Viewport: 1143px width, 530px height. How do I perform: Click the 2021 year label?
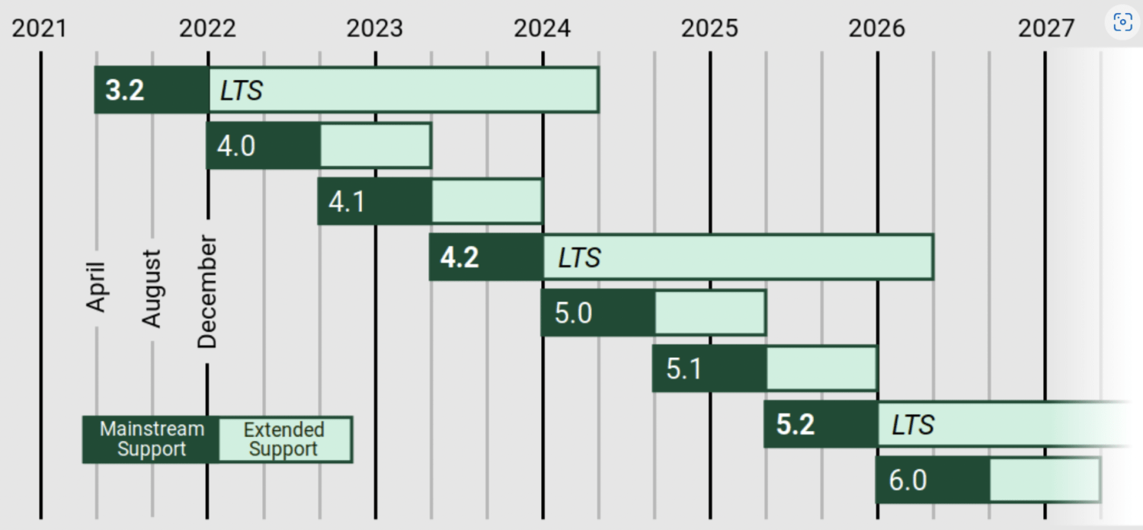[40, 28]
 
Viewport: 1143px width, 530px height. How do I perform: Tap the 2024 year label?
[542, 28]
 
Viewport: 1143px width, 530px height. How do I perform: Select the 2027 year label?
[1046, 28]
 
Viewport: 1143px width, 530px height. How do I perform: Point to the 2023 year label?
[375, 28]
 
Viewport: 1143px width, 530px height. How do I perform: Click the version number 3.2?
[124, 91]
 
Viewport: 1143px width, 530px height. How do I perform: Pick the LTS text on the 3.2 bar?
[241, 91]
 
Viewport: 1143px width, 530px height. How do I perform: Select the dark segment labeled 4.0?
[264, 145]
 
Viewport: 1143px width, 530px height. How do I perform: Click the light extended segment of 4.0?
[376, 145]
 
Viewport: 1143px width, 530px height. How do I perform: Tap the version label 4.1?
[347, 202]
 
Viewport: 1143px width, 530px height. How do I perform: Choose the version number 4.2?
[459, 257]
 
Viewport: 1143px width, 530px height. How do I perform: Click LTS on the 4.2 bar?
[579, 257]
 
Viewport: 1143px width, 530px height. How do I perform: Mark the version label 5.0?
[574, 313]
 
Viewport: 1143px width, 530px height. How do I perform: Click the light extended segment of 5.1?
[821, 369]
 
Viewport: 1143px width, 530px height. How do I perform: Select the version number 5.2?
[796, 424]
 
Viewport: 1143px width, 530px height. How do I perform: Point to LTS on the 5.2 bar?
[913, 425]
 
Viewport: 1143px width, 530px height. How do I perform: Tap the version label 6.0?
[908, 480]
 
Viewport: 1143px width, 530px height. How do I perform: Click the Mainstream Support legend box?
[151, 439]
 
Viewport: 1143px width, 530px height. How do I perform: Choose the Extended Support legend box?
[285, 439]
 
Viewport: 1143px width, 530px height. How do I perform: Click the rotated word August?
[152, 288]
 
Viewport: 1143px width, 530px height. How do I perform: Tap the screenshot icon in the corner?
[1123, 22]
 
